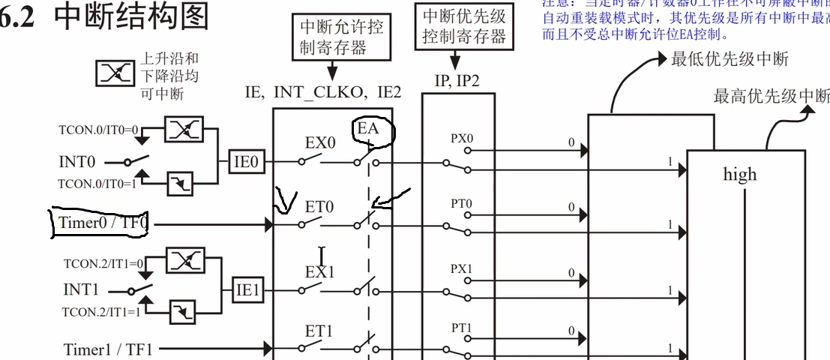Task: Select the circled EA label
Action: tap(367, 128)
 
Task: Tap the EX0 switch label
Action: tap(319, 142)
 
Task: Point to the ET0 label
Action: tap(319, 205)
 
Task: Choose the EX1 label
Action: tap(319, 271)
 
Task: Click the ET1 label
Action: tap(319, 331)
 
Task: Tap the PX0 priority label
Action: tap(462, 139)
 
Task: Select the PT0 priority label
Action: tap(462, 203)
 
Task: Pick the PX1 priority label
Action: tap(462, 268)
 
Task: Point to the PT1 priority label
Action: tap(462, 327)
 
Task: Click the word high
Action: tap(739, 175)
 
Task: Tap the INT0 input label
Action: tap(78, 161)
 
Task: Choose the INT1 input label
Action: tap(80, 289)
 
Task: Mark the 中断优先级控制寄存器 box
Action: tap(463, 26)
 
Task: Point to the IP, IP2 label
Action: tap(457, 80)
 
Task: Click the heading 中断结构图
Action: tap(131, 16)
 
